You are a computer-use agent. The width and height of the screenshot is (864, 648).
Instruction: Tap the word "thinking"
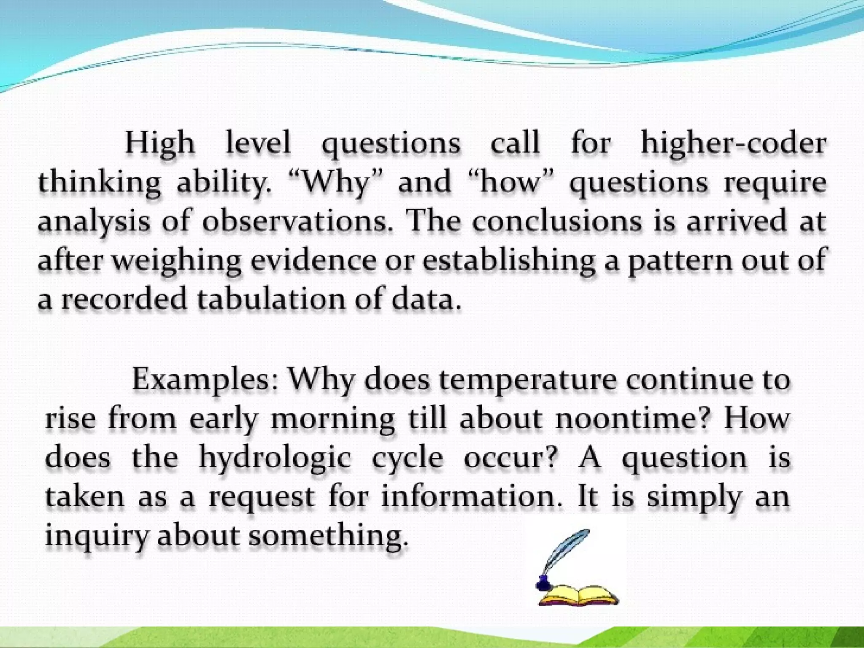(x=100, y=183)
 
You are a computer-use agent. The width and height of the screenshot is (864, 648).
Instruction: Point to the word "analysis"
(x=94, y=221)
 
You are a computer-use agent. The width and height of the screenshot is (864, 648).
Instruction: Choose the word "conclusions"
(x=556, y=221)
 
